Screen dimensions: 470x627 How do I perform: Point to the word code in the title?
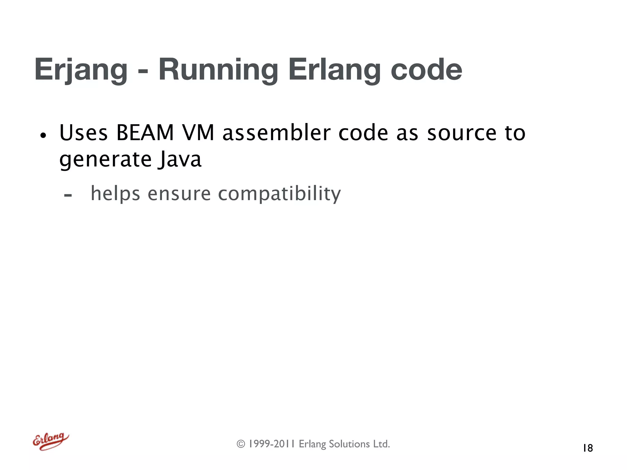[426, 70]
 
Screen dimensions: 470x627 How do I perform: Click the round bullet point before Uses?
[43, 135]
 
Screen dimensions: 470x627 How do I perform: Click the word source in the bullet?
[462, 133]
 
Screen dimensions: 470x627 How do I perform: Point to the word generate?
[105, 160]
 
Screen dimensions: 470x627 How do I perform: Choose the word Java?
[180, 159]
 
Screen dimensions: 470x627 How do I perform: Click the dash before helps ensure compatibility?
[68, 195]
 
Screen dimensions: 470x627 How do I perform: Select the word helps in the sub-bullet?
[115, 194]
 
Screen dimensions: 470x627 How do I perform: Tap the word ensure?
[179, 194]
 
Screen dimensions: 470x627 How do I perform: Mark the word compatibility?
[279, 194]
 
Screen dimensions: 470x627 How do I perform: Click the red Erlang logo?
[51, 441]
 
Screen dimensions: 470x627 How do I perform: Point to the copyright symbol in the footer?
[241, 444]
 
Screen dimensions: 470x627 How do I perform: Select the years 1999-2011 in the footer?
[271, 444]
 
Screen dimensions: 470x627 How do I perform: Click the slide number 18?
[588, 448]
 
